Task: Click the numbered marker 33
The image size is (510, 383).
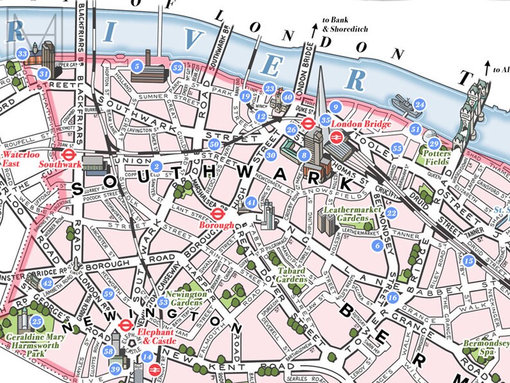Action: coord(22,54)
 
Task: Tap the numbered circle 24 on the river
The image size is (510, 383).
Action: coord(419,104)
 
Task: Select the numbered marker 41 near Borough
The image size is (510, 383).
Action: coord(252,203)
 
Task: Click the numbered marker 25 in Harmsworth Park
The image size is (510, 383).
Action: coord(37,321)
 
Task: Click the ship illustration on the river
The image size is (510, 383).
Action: coord(402,102)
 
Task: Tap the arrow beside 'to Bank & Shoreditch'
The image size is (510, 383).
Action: coord(315,27)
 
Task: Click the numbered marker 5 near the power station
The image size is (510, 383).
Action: coord(136,66)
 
